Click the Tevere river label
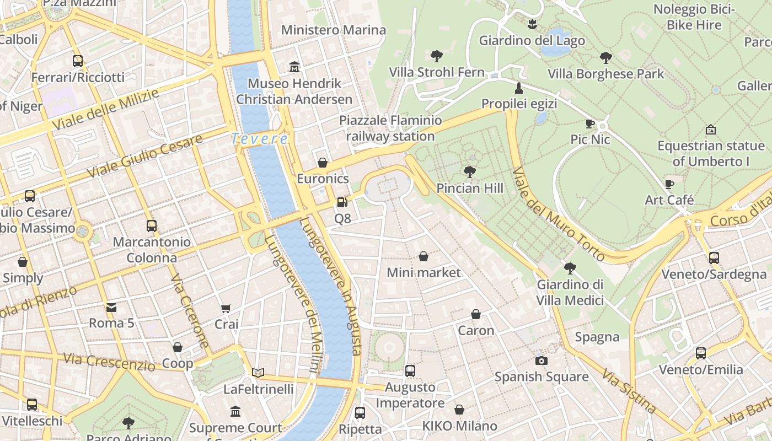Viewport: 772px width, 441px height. pyautogui.click(x=259, y=139)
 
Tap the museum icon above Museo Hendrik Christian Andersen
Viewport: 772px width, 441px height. pyautogui.click(x=294, y=67)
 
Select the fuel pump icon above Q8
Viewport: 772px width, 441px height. pyautogui.click(x=342, y=202)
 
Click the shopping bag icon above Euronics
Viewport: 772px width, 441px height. pyautogui.click(x=323, y=163)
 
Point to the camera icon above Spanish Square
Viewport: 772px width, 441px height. pyautogui.click(x=542, y=361)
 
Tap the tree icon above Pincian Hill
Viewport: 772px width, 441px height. pyautogui.click(x=470, y=172)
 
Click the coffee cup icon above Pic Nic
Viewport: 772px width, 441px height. pyautogui.click(x=590, y=123)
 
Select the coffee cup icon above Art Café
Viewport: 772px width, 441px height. pyautogui.click(x=669, y=184)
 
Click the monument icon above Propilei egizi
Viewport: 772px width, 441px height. pyautogui.click(x=518, y=88)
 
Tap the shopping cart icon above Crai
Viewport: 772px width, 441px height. pyautogui.click(x=226, y=308)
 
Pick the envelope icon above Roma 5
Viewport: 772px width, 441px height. pyautogui.click(x=111, y=307)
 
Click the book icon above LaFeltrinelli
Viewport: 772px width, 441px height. pyautogui.click(x=258, y=373)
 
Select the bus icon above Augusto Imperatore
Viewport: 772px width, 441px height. pyautogui.click(x=410, y=371)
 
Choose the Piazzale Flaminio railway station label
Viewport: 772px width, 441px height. pyautogui.click(x=390, y=128)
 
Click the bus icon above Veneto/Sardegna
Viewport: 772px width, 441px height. pyautogui.click(x=714, y=257)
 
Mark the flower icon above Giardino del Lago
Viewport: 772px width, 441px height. pyautogui.click(x=532, y=24)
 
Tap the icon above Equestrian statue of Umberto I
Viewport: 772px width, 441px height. pyautogui.click(x=711, y=130)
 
